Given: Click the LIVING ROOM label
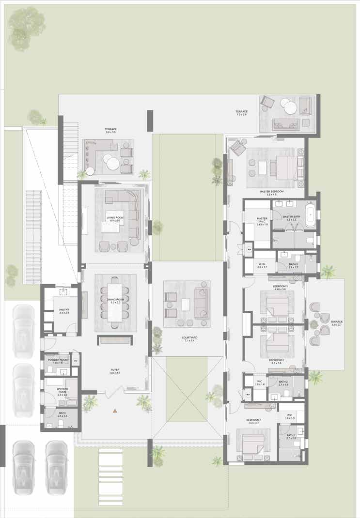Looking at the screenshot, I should (x=115, y=218).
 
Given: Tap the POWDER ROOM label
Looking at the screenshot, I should (x=57, y=360).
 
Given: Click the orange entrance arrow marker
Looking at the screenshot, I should (x=115, y=411).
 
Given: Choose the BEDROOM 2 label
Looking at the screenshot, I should (x=276, y=360).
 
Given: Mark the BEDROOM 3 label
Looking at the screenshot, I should (x=280, y=286).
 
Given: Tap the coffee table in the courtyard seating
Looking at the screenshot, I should (x=186, y=305).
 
